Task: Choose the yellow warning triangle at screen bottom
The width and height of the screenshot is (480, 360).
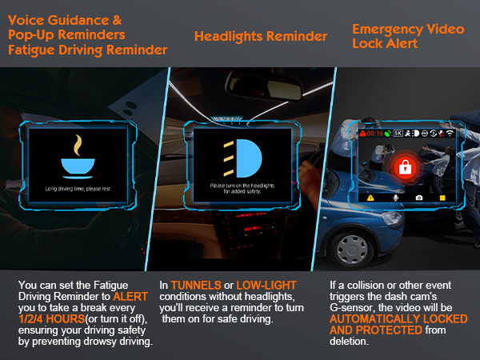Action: point(370,198)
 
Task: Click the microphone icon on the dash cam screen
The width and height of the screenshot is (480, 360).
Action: point(395,198)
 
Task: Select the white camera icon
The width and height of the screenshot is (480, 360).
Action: point(418,198)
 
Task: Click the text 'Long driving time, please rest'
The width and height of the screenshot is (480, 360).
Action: point(78,190)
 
